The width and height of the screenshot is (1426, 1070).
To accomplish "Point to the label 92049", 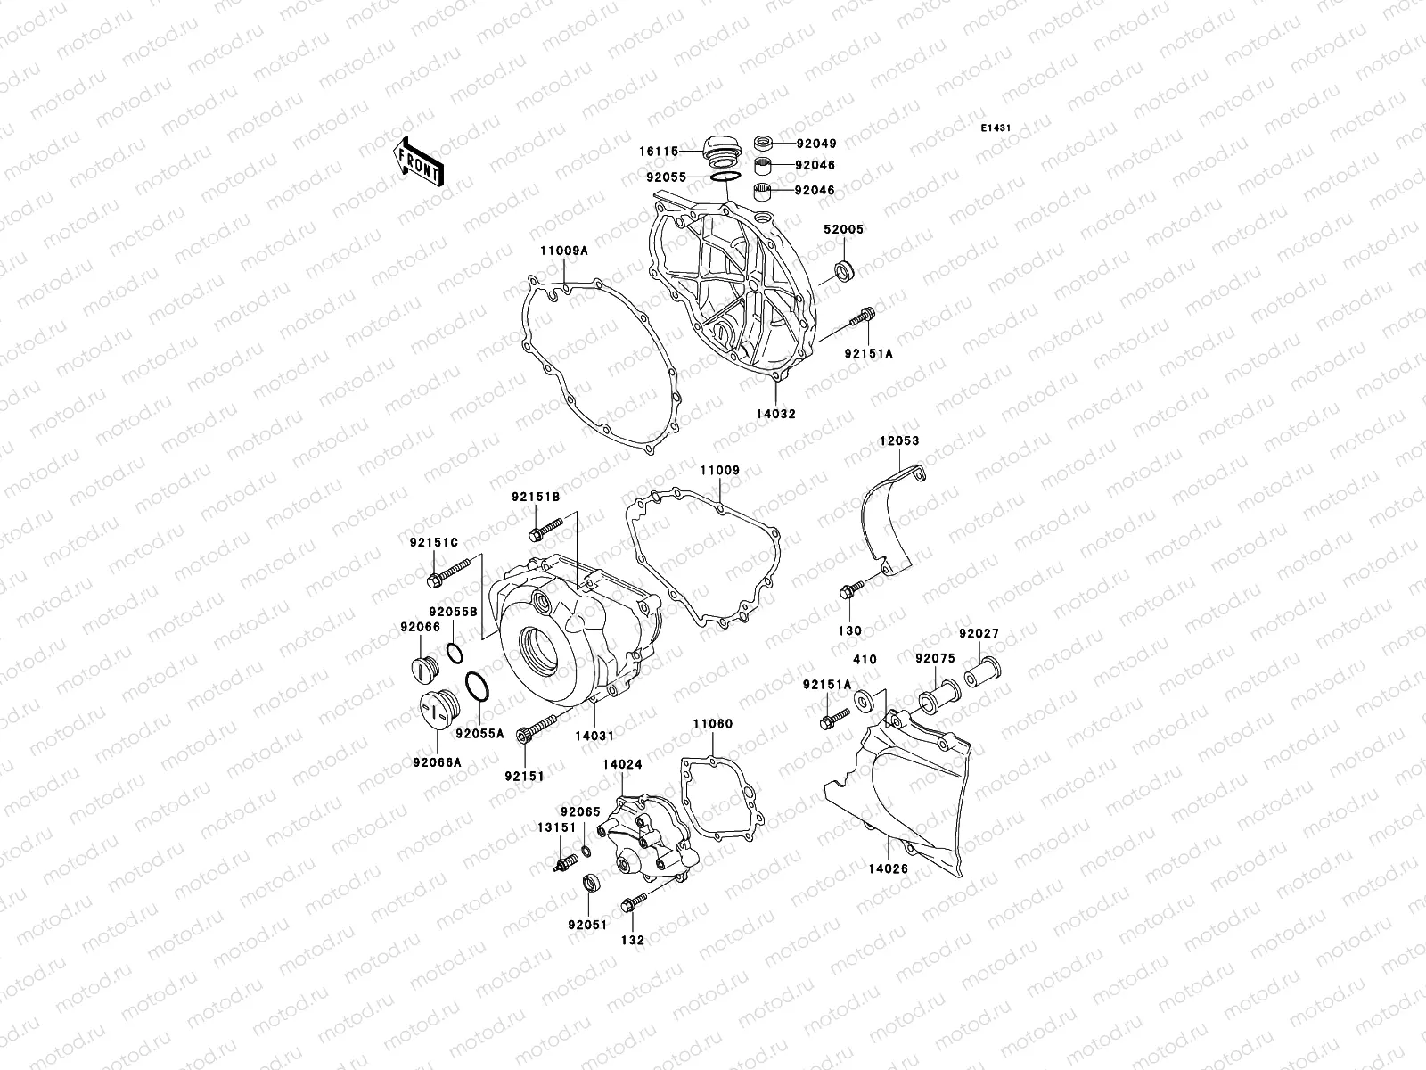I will click(815, 143).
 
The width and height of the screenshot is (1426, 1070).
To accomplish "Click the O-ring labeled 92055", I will click(724, 177).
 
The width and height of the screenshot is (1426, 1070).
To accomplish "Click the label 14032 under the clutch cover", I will click(777, 414).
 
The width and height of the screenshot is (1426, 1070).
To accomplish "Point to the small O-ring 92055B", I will click(455, 654).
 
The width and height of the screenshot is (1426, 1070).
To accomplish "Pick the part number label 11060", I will click(713, 724).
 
